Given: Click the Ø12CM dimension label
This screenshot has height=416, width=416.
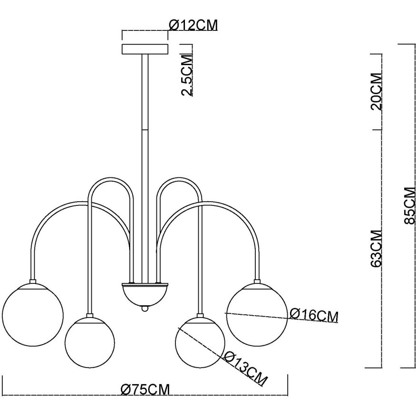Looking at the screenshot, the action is [x=193, y=25].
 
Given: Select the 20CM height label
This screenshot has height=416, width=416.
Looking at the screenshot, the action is [x=377, y=91].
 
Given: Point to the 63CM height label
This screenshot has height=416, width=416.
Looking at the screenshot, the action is [x=377, y=248].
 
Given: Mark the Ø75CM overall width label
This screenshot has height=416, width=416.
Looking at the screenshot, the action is [x=145, y=389].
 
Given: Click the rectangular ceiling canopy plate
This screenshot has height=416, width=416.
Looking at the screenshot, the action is [x=145, y=49].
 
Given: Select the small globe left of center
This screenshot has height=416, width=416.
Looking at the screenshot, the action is [x=90, y=342].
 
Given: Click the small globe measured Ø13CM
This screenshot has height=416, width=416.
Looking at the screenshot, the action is [x=200, y=342].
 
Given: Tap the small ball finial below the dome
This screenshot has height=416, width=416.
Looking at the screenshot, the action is [x=145, y=309].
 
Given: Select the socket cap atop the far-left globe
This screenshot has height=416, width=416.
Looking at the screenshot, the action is [x=33, y=281].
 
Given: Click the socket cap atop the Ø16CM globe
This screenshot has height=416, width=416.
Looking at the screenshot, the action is [x=257, y=281].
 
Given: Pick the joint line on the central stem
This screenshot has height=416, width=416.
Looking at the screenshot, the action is [x=145, y=129].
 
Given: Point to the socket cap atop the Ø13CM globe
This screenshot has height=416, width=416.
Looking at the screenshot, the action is [x=200, y=315].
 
